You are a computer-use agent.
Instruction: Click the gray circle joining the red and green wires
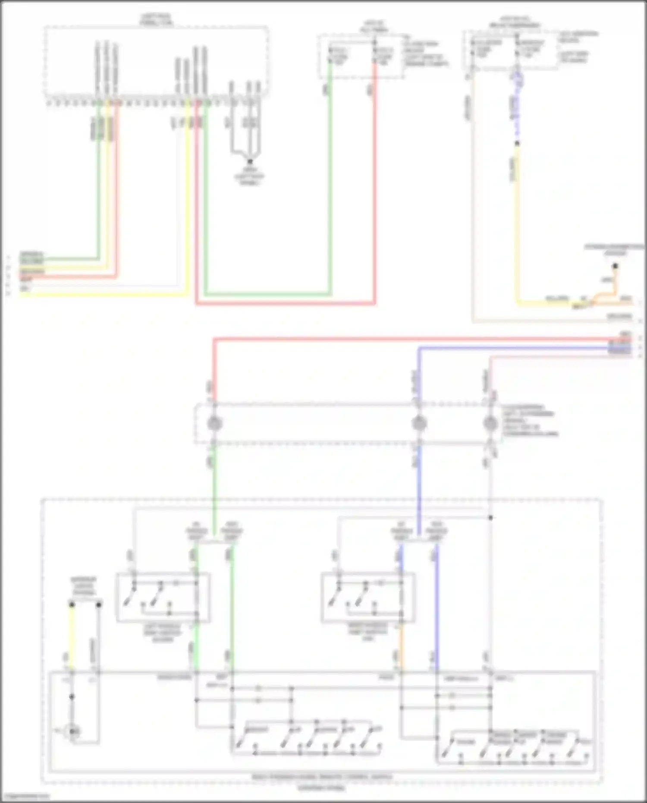[x=214, y=423]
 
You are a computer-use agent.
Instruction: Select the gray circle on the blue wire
[x=418, y=423]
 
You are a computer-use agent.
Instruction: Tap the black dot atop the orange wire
[x=615, y=266]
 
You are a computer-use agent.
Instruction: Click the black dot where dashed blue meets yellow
[x=517, y=143]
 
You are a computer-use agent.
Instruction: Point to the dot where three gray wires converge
[x=249, y=161]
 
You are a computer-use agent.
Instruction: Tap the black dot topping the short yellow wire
[x=72, y=605]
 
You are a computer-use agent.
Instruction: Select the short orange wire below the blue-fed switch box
[x=402, y=647]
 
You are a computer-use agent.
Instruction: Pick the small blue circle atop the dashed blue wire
[x=517, y=79]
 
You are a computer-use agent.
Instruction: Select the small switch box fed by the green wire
[x=163, y=598]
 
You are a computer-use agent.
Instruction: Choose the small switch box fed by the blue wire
[x=368, y=598]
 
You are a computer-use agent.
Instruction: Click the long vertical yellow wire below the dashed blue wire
[x=517, y=224]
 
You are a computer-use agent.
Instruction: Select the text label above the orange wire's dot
[x=614, y=249]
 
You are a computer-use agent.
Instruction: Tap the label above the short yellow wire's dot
[x=84, y=586]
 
